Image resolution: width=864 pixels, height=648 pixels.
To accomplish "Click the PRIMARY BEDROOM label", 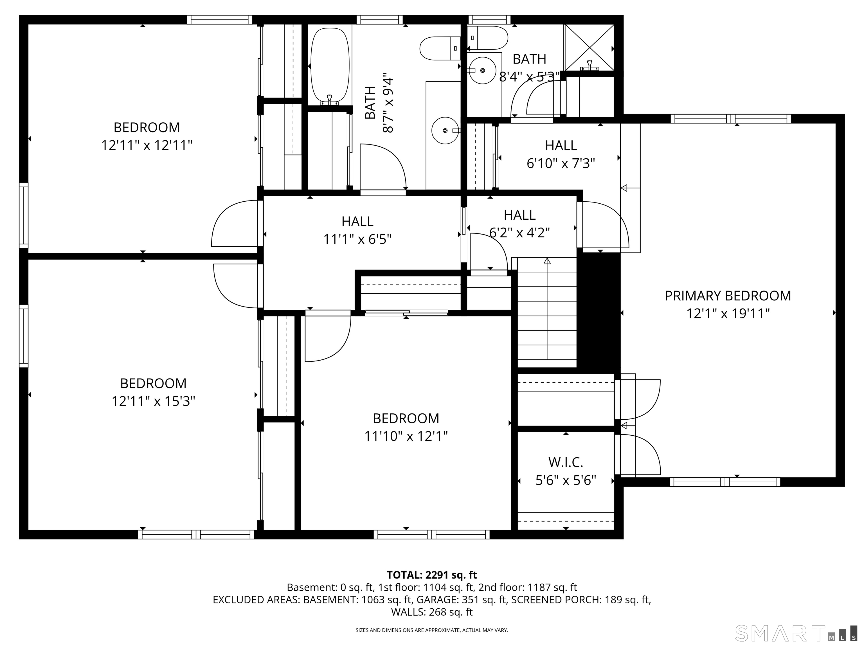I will pos(728,296).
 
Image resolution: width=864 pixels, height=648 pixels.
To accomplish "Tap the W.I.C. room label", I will pos(566,462).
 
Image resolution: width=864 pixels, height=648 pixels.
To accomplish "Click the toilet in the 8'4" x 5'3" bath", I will pos(488,38).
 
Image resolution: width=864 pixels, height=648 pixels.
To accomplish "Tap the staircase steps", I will pos(547,312).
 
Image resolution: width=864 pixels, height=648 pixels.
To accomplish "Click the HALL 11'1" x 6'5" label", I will pos(357,230).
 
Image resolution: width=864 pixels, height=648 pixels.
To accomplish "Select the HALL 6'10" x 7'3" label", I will pos(561,154).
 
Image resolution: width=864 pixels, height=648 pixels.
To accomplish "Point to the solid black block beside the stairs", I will pos(599,312).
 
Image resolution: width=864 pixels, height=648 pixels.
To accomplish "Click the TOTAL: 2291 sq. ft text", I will pos(432,575).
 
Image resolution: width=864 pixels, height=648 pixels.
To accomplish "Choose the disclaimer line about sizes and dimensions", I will pos(432,630).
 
